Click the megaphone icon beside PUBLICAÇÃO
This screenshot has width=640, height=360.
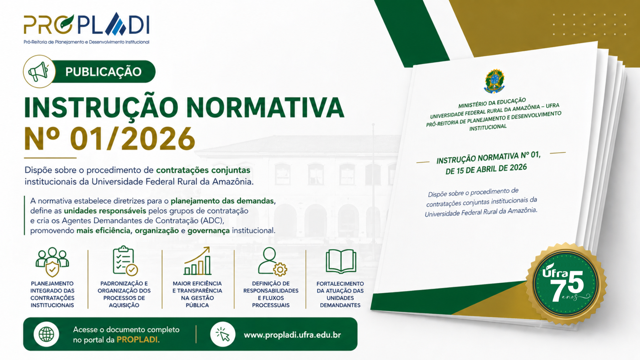tap(39, 71)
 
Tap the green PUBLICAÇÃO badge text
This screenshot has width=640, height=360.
tap(103, 72)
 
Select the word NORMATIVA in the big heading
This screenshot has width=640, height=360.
tap(265, 107)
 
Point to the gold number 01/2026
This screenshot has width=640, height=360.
tap(133, 139)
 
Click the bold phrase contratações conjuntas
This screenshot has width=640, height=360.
tap(203, 170)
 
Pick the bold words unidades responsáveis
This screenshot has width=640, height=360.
tap(105, 211)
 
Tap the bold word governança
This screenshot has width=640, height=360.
tap(208, 230)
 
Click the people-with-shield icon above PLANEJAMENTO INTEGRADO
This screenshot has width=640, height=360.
tap(52, 262)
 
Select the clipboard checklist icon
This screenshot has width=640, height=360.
tap(124, 261)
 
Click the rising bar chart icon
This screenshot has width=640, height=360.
tap(197, 261)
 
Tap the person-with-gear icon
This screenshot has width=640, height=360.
tap(272, 261)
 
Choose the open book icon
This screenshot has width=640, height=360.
tap(341, 261)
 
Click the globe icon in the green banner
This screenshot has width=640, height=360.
tap(46, 334)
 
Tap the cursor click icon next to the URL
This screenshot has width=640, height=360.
tap(223, 334)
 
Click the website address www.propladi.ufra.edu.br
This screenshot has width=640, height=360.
tap(292, 335)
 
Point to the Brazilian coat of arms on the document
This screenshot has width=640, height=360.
tap(494, 81)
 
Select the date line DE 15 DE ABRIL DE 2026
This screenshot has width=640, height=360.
tap(486, 169)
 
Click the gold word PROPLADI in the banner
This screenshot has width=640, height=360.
tap(138, 340)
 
